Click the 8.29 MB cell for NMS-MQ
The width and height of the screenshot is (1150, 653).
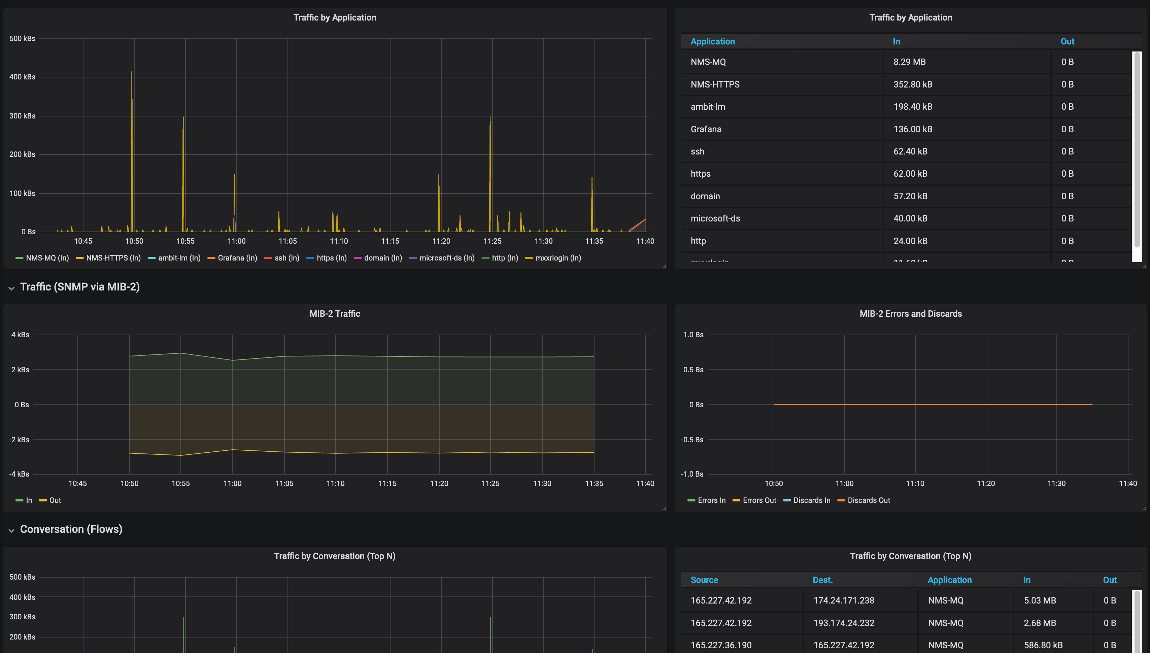[909, 62]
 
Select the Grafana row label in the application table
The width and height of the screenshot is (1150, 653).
[706, 129]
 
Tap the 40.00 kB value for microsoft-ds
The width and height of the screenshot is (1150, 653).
[910, 218]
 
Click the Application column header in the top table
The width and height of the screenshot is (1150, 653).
[712, 41]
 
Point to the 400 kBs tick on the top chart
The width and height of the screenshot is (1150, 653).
[23, 77]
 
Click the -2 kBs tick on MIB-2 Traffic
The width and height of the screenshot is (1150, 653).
[19, 440]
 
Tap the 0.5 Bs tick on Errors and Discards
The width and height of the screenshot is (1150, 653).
[693, 370]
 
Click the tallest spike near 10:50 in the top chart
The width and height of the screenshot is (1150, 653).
[132, 73]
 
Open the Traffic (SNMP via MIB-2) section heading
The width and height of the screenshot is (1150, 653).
[80, 286]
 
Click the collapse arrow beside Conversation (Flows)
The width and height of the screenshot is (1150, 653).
[11, 530]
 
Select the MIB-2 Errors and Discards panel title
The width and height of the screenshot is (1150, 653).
[911, 313]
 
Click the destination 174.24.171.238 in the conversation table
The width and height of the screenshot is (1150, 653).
[843, 600]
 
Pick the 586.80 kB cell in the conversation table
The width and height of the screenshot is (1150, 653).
[1043, 645]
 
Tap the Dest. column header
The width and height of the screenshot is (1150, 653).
[822, 580]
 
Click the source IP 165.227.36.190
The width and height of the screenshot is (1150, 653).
[721, 645]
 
